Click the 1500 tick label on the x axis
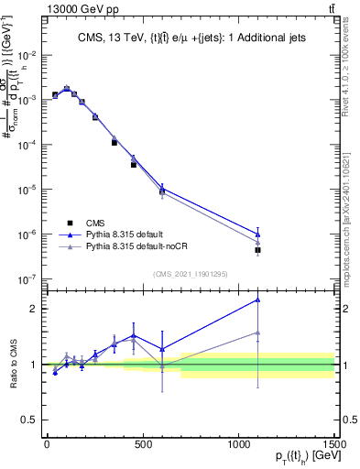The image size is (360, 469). click(333, 443)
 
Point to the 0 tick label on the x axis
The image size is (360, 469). click(47, 443)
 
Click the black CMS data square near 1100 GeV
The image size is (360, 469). click(258, 250)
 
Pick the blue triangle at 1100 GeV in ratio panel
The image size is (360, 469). click(258, 300)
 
